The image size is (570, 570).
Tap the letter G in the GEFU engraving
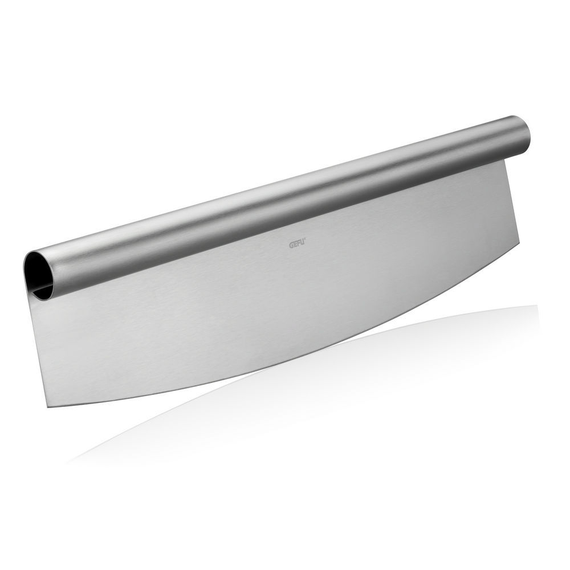291,245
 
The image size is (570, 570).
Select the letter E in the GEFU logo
296,245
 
